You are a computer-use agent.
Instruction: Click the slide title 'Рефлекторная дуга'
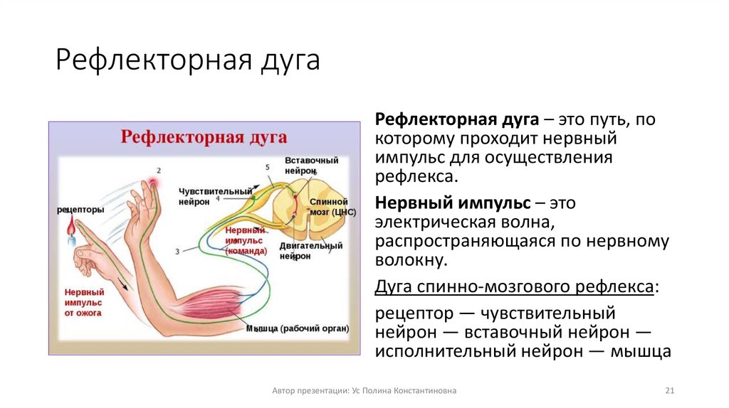[188, 60]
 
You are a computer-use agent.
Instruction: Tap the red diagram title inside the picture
[203, 137]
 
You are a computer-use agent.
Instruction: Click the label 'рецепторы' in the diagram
[80, 210]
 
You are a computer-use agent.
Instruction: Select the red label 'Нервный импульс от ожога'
[84, 302]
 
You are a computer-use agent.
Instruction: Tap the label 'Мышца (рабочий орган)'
[297, 328]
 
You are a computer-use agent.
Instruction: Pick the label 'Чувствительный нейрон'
[216, 196]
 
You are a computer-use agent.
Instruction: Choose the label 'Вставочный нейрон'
[311, 166]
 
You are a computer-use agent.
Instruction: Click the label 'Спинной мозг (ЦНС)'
[329, 206]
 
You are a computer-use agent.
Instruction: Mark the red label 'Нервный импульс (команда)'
[246, 240]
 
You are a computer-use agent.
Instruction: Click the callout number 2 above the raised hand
[159, 171]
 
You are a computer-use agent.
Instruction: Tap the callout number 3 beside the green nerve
[177, 251]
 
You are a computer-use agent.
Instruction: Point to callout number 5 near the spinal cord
[268, 167]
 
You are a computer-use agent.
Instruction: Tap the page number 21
[668, 390]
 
